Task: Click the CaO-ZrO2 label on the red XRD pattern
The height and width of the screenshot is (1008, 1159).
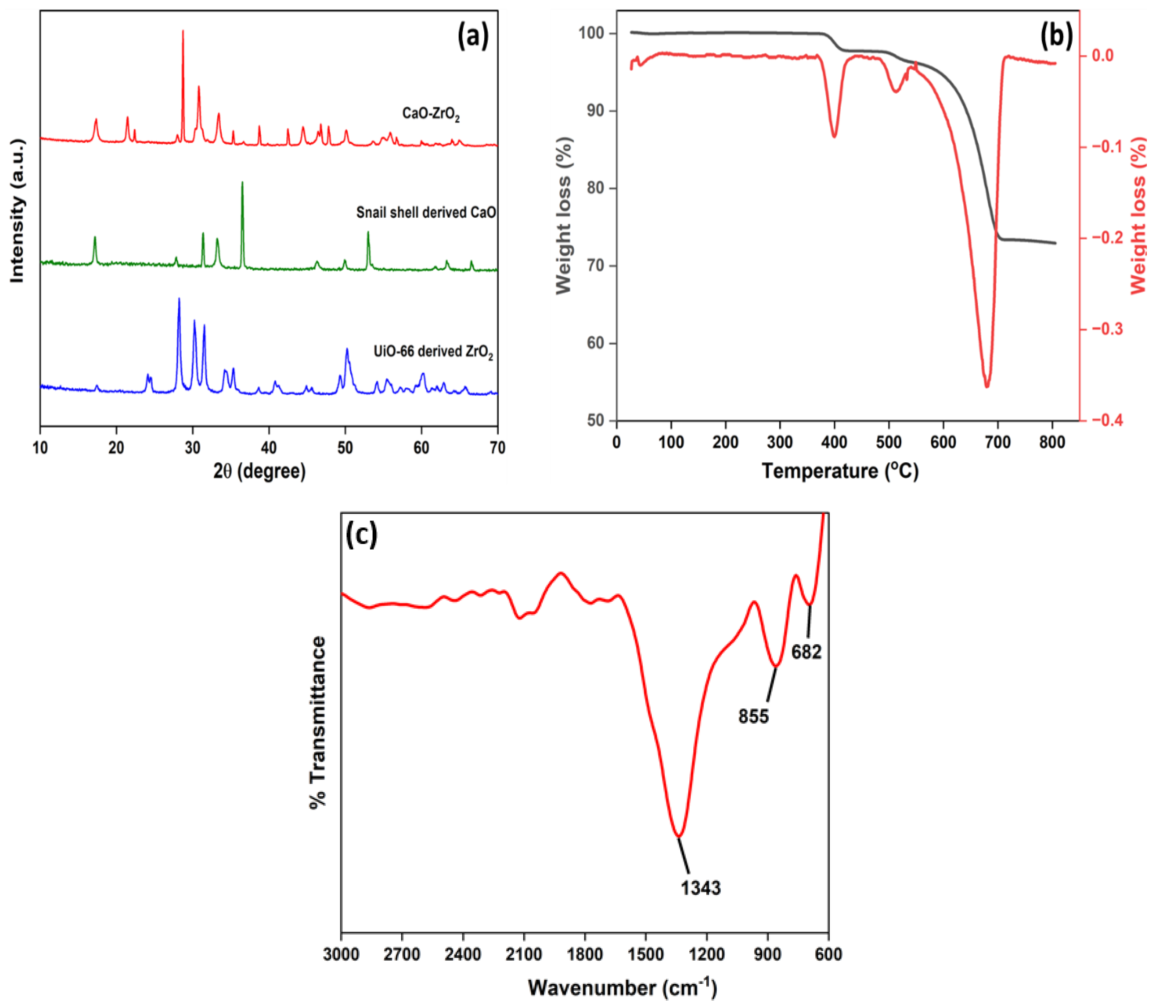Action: point(430,114)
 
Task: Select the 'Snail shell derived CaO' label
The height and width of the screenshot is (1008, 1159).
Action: point(426,213)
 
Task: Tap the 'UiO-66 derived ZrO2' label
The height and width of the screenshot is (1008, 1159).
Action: point(433,352)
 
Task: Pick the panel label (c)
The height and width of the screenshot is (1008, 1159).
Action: point(361,534)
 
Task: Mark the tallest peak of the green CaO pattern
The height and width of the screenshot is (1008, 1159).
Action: point(242,183)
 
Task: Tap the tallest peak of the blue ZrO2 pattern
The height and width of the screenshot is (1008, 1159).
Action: point(179,299)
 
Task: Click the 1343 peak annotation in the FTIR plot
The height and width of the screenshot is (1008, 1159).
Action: point(701,888)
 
